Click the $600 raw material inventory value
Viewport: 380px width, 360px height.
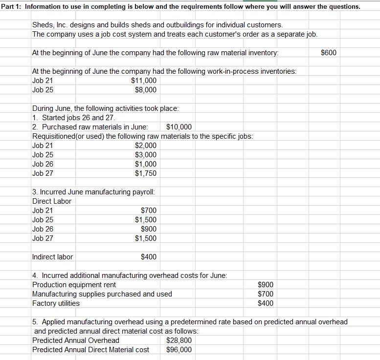[x=329, y=53]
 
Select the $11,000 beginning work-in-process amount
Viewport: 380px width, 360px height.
[x=144, y=81]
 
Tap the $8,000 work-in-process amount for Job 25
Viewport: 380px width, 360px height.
[x=146, y=90]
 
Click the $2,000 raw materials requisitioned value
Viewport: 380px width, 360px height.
[x=146, y=146]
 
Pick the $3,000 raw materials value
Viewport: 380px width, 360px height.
[x=146, y=155]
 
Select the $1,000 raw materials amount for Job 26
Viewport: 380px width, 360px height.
[x=146, y=164]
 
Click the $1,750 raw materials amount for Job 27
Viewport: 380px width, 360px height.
[x=146, y=173]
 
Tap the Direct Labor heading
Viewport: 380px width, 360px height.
[x=52, y=201]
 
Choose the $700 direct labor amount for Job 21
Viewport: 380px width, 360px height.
[x=149, y=211]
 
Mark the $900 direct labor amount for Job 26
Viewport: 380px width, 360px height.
[x=149, y=229]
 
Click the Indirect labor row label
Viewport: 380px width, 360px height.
[x=52, y=257]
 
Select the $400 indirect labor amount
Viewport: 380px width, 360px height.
[x=149, y=257]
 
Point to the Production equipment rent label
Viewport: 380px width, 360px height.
[x=74, y=285]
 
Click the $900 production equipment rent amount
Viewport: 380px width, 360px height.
[x=266, y=285]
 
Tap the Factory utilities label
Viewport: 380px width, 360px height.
[x=56, y=303]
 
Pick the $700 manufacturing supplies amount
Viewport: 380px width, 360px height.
[x=266, y=294]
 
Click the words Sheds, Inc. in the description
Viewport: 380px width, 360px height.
[x=51, y=25]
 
